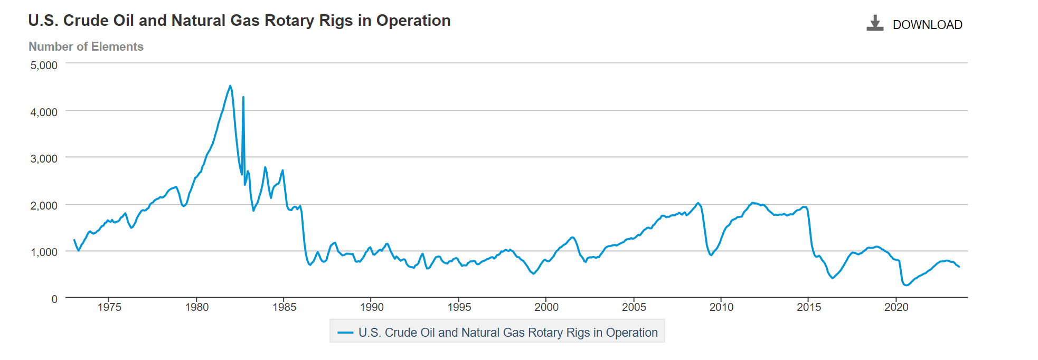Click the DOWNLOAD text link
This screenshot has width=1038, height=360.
pos(927,25)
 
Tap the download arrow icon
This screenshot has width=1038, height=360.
pos(875,23)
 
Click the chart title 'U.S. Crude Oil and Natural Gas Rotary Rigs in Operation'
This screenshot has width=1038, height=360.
pos(239,21)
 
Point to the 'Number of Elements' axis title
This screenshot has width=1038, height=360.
pos(86,46)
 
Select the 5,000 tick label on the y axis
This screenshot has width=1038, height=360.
pos(44,65)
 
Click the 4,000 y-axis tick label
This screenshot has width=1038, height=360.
pos(44,112)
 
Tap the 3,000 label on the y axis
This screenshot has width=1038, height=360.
pos(44,158)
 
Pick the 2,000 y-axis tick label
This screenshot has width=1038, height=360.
pos(44,205)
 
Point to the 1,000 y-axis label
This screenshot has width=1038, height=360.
pos(44,252)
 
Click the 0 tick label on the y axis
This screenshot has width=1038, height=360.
pos(54,299)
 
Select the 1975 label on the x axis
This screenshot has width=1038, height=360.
pos(109,307)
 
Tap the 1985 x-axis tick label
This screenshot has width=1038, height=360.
pos(284,307)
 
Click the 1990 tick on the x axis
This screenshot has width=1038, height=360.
pos(372,307)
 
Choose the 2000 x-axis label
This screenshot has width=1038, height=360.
pos(546,307)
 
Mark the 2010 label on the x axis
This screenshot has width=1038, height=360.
pos(721,307)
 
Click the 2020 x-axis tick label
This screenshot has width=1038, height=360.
pos(896,307)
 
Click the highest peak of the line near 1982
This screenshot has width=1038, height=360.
pos(230,86)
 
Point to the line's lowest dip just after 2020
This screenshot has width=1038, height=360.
pos(907,285)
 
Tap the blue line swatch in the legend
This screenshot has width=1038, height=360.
pos(345,333)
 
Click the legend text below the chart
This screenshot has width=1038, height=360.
pos(508,333)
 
